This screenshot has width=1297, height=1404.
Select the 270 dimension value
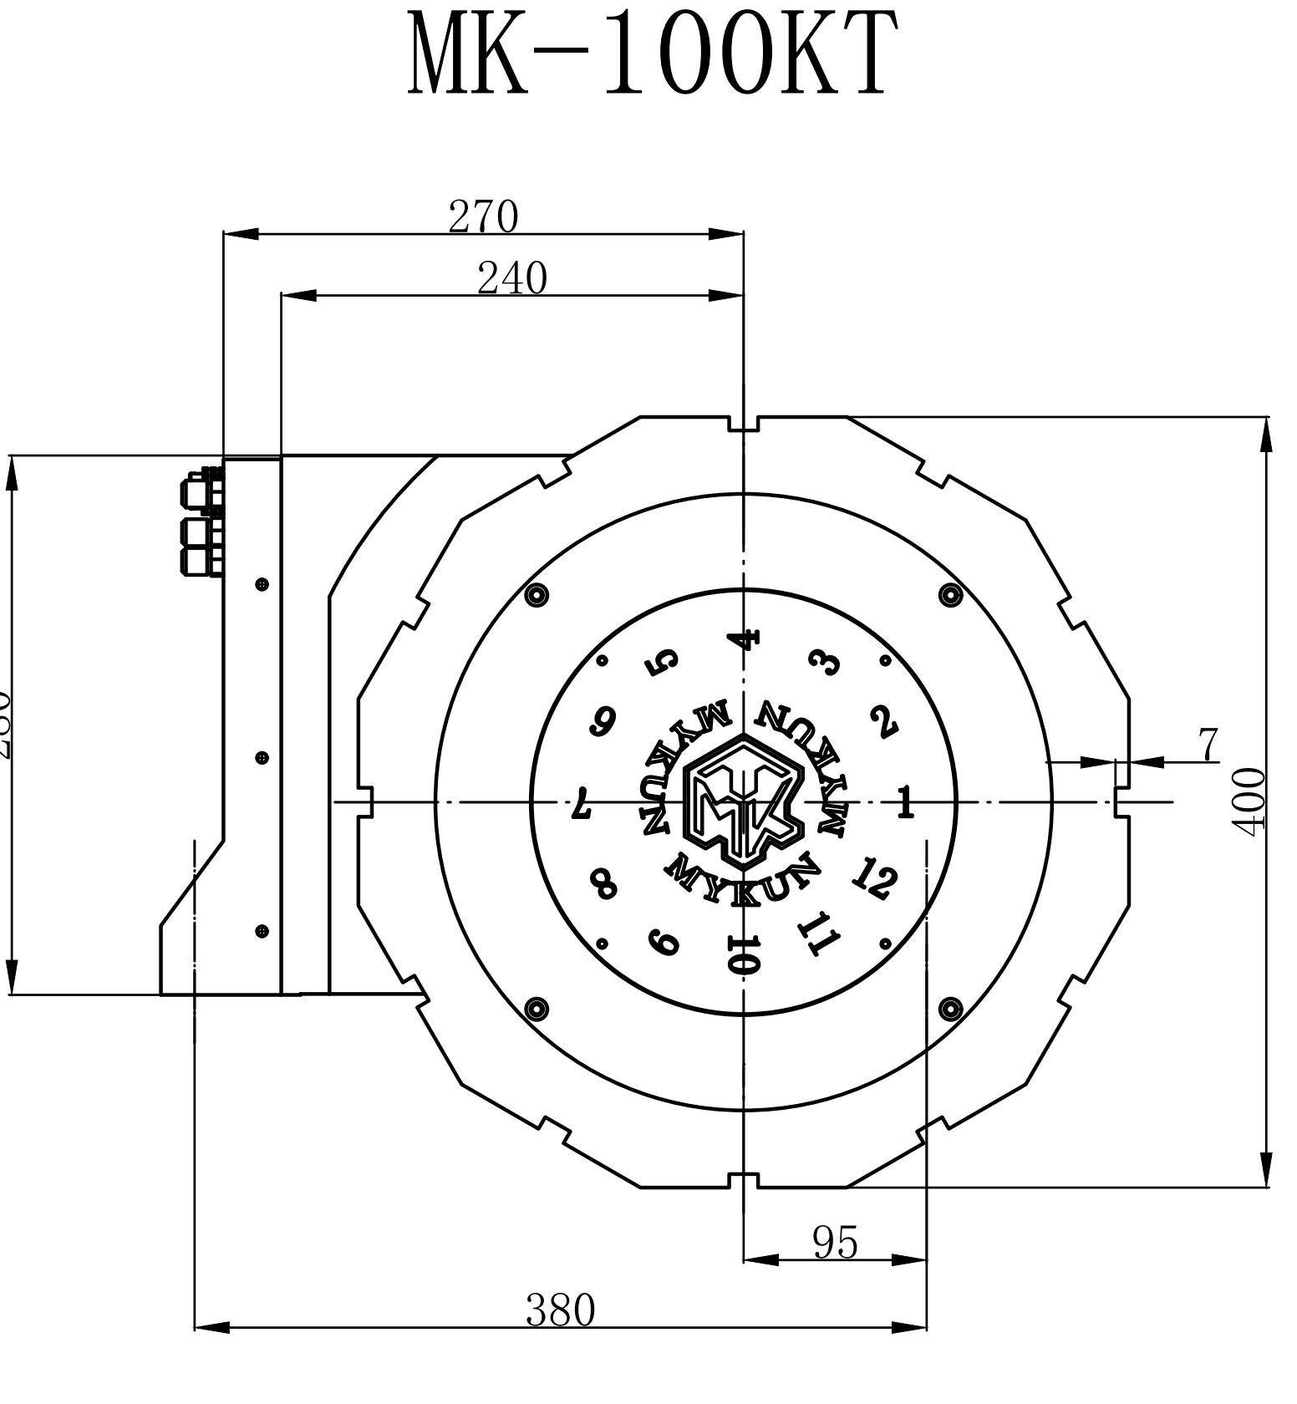483,216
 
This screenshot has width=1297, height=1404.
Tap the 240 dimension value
511,278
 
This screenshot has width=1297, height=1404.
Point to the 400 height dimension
1250,801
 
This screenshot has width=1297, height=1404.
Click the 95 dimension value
835,1243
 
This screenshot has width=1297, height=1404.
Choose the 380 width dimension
560,1310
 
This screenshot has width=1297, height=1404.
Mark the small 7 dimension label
1208,745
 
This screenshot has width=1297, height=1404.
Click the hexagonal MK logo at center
743,801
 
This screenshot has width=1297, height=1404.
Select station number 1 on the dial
905,803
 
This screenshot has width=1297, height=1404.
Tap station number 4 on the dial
744,639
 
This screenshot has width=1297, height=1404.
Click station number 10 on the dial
743,955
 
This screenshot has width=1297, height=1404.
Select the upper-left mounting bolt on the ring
537,595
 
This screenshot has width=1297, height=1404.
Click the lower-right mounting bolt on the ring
950,1009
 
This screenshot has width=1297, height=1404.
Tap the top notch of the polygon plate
743,424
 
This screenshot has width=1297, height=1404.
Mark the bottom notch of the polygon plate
743,1179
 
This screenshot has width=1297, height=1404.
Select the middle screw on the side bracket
262,757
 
